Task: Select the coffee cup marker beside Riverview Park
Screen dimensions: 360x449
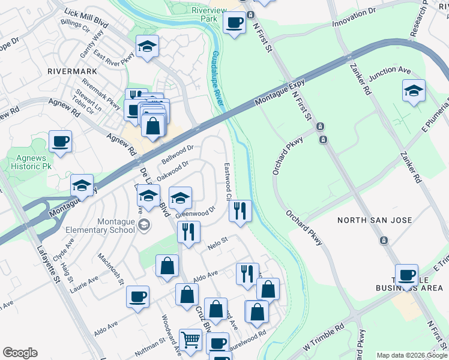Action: tap(234, 24)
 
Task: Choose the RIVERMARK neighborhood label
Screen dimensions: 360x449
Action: tap(72, 71)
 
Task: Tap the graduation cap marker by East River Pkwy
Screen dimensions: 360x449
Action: tap(147, 47)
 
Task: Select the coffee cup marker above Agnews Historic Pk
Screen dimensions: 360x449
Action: tap(61, 142)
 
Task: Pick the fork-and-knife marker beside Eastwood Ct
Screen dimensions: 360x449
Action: tap(240, 211)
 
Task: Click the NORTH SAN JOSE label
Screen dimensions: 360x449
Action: tap(375, 220)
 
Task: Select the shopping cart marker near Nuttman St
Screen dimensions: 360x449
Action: tap(190, 340)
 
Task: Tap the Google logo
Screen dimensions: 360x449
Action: tap(20, 353)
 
